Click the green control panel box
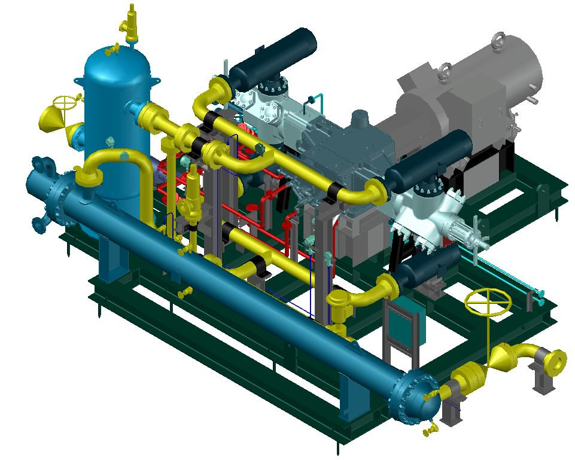click(x=399, y=325)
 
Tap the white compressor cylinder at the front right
click(x=431, y=218)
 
